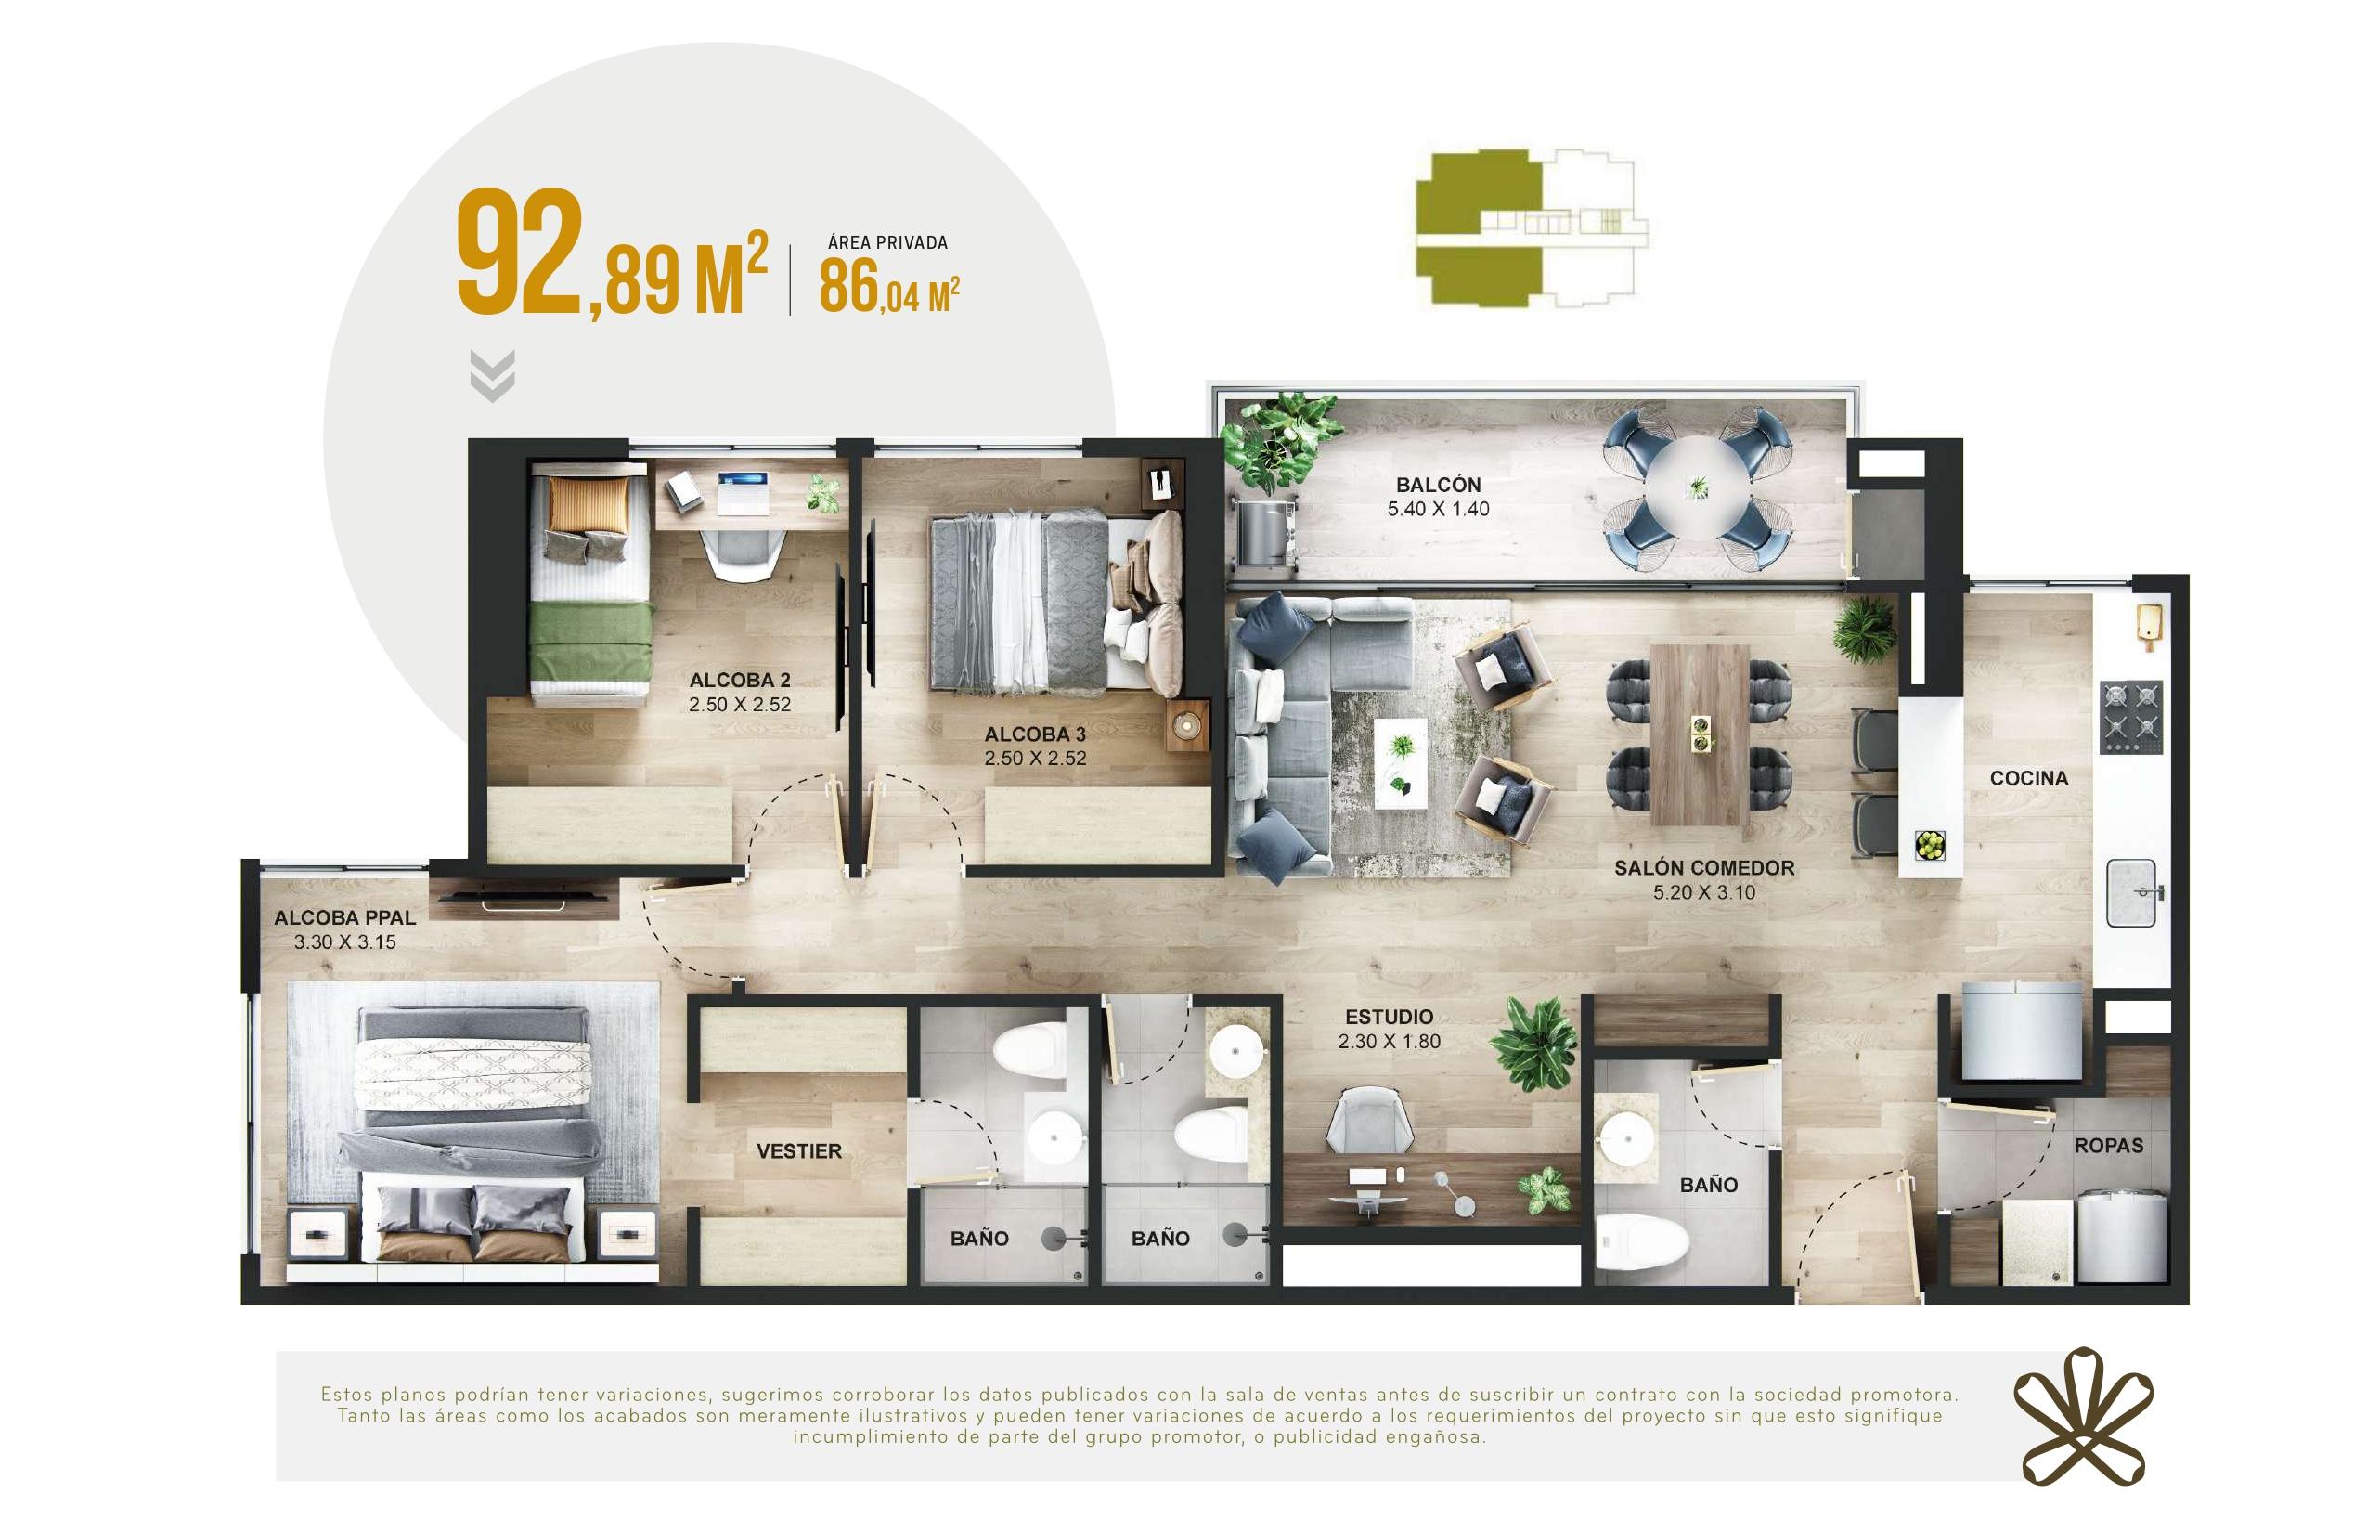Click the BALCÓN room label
(x=1438, y=486)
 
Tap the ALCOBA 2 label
(x=740, y=681)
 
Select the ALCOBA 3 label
(x=1035, y=734)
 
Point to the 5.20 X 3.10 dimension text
(x=1703, y=892)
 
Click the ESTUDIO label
(x=1390, y=1017)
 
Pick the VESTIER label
(x=798, y=1151)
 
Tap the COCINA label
(x=2029, y=778)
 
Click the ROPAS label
(x=2108, y=1145)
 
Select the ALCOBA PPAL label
(x=345, y=917)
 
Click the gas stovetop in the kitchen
(x=2131, y=716)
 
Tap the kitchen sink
(x=2131, y=892)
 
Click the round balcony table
(x=1698, y=487)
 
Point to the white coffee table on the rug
(x=1401, y=764)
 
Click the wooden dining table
(x=1700, y=735)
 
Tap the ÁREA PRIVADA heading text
(x=887, y=242)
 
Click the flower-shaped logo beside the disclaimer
(x=2083, y=1416)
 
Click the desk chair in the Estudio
(x=1369, y=1122)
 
